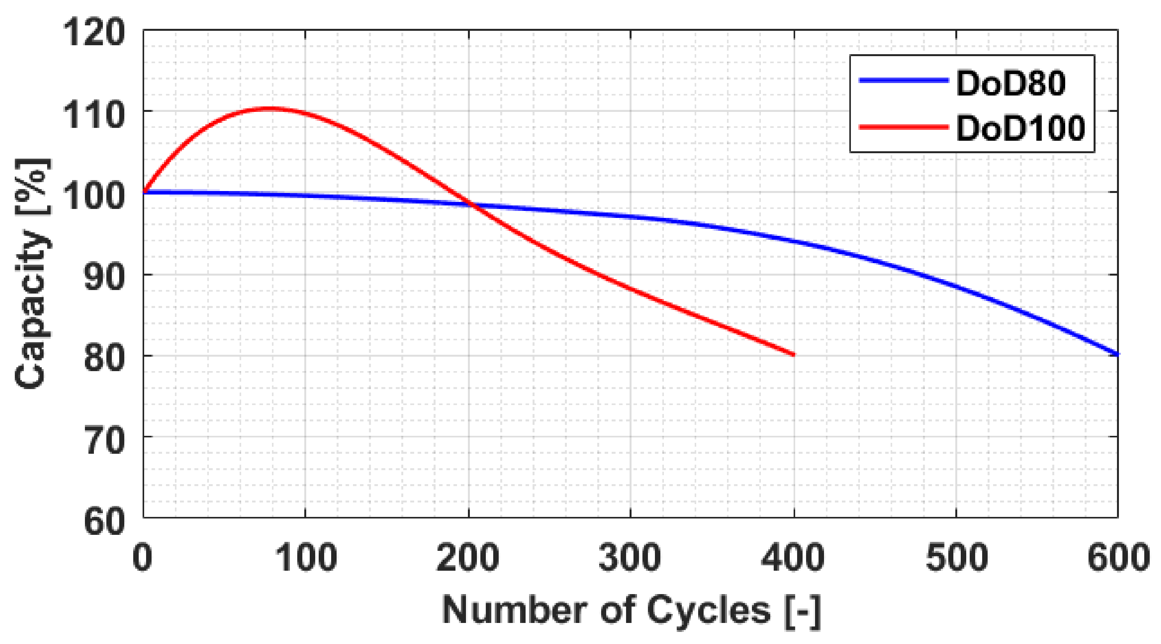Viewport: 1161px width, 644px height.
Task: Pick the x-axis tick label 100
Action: (x=305, y=557)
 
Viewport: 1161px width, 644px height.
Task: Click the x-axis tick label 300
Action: (x=630, y=557)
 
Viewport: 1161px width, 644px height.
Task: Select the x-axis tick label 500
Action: (x=956, y=557)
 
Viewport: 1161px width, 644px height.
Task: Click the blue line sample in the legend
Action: (x=903, y=80)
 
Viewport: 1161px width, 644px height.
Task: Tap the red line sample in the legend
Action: (x=903, y=127)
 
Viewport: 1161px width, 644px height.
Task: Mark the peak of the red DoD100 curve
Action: (x=270, y=108)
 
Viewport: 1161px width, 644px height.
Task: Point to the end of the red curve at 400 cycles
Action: (x=793, y=354)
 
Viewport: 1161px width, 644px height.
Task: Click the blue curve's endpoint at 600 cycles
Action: (x=1117, y=354)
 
